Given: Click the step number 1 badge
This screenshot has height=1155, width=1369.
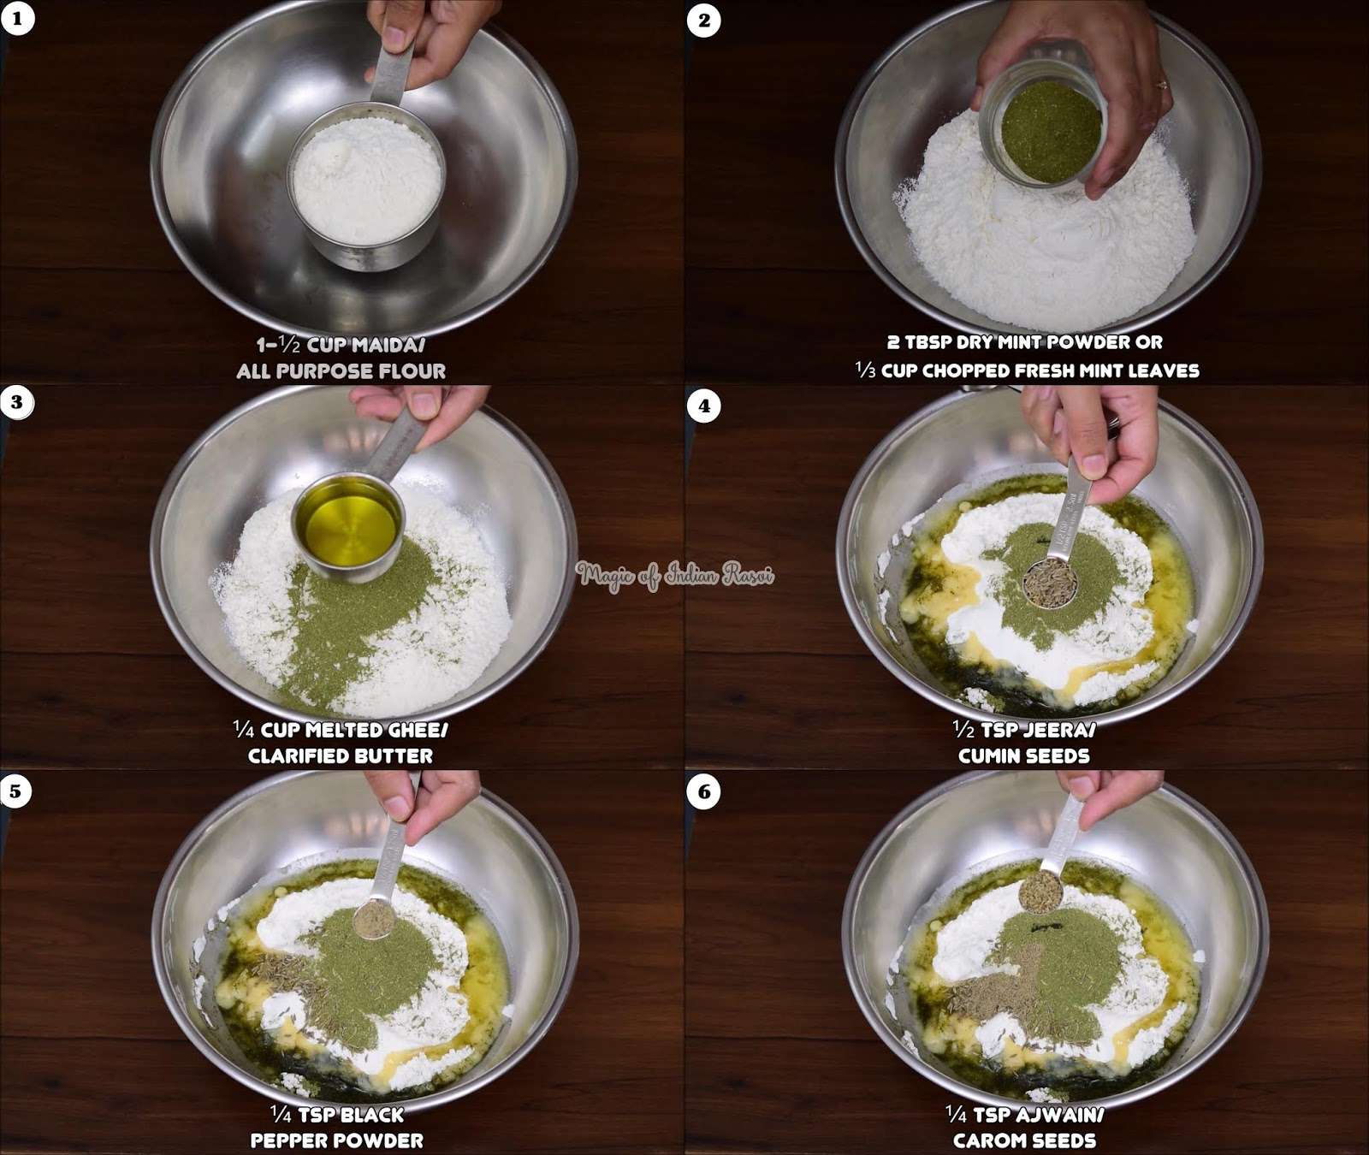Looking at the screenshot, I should click(x=17, y=19).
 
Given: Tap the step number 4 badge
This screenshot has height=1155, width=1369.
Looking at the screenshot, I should click(x=703, y=406).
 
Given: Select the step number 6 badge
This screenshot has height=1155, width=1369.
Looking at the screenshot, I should click(x=703, y=791).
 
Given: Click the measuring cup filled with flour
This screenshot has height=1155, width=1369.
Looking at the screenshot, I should click(x=366, y=181).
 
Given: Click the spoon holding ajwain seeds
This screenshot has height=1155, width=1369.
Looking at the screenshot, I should click(x=1040, y=891).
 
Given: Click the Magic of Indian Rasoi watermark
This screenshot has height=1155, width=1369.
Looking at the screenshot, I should click(x=674, y=576).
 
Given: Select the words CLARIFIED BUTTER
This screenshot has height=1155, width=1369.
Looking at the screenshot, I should click(x=341, y=755).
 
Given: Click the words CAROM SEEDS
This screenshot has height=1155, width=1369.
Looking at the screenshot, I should click(x=1024, y=1140).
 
